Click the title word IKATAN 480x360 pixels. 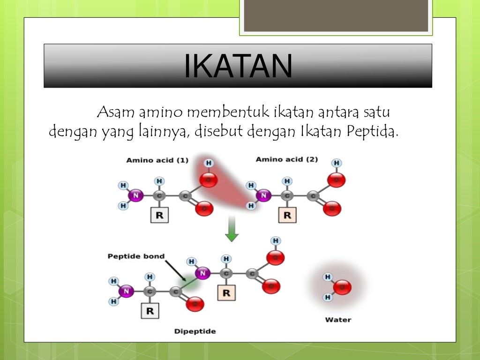click(238, 66)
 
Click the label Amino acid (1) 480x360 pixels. click(157, 160)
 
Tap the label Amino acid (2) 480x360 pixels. click(286, 159)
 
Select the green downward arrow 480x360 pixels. click(232, 229)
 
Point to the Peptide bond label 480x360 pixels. click(136, 256)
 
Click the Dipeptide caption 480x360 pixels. click(195, 331)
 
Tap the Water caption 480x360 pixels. click(338, 320)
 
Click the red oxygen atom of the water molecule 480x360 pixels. click(343, 287)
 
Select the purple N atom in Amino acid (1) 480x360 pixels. click(135, 195)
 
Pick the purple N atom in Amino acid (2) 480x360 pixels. click(264, 195)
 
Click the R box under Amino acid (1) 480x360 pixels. click(159, 215)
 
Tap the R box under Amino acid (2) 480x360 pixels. click(287, 215)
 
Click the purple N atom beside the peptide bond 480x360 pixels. click(202, 273)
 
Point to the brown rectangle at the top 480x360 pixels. click(336, 15)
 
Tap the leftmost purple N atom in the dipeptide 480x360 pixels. click(126, 292)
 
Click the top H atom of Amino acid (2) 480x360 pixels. click(336, 163)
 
